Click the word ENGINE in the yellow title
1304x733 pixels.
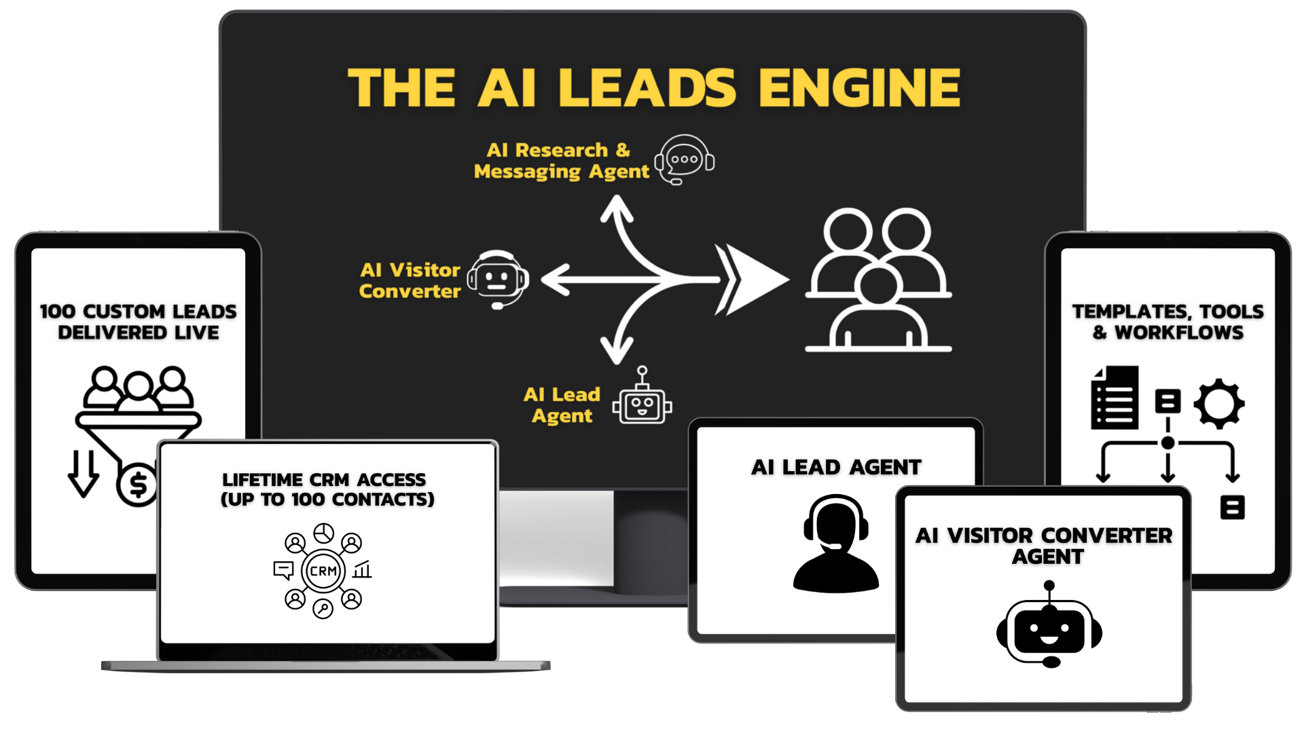click(859, 88)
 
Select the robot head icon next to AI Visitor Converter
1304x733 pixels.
click(499, 279)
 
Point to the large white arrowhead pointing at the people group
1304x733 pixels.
click(754, 279)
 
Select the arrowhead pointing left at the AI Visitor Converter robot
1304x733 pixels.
click(556, 280)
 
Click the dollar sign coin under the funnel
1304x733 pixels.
click(138, 485)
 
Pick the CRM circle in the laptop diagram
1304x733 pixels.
click(323, 571)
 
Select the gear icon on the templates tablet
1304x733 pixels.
click(1219, 404)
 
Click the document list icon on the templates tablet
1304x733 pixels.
click(1115, 398)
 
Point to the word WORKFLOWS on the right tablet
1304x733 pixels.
click(1179, 333)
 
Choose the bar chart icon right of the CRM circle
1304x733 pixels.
click(362, 569)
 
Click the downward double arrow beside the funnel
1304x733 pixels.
click(83, 473)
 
